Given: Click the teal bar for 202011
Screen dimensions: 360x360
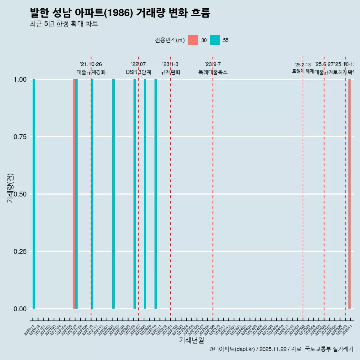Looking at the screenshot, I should tap(34, 194).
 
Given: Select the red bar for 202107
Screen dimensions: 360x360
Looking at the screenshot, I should tap(74, 194).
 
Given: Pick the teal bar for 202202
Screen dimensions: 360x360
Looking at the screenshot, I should tap(113, 194).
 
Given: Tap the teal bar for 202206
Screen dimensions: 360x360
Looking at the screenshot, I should tap(135, 194).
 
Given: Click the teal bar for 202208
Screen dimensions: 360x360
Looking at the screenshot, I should tap(145, 194).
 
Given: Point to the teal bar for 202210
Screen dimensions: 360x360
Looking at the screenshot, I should tap(156, 194).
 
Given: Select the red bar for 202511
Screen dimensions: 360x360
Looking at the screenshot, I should tap(349, 194).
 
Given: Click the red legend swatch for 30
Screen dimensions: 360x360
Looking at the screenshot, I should tap(193, 40).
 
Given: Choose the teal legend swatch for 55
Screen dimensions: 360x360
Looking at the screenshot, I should tap(215, 40).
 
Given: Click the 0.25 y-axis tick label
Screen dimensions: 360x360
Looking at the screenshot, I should tap(20, 251).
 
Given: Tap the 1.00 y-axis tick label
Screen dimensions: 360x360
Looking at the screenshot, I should tap(20, 79).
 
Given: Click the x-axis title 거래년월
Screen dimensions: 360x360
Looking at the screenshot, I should tap(192, 340).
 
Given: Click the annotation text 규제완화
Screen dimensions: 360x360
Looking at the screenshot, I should tap(171, 72).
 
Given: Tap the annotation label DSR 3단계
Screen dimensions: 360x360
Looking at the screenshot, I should tap(138, 72).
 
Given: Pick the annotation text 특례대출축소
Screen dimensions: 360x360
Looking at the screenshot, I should tap(213, 72).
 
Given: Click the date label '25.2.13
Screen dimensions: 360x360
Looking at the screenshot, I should tap(303, 65).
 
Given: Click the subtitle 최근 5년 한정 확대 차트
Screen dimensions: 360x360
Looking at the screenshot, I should tap(64, 24).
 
